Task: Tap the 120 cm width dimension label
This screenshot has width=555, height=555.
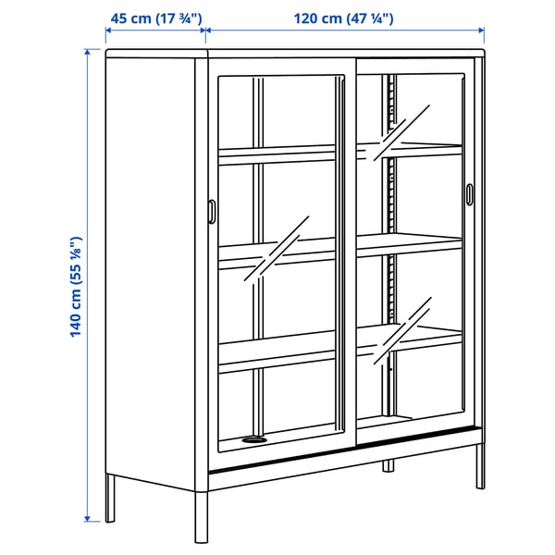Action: pyautogui.click(x=344, y=18)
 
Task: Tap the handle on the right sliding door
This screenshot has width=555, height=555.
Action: pyautogui.click(x=469, y=194)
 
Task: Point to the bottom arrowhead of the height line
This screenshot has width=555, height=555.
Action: pyautogui.click(x=88, y=517)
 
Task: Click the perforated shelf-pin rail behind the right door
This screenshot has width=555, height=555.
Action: pyautogui.click(x=392, y=250)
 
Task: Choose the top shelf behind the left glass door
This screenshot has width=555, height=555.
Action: pyautogui.click(x=277, y=154)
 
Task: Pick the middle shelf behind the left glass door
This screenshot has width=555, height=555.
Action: pyautogui.click(x=277, y=250)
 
